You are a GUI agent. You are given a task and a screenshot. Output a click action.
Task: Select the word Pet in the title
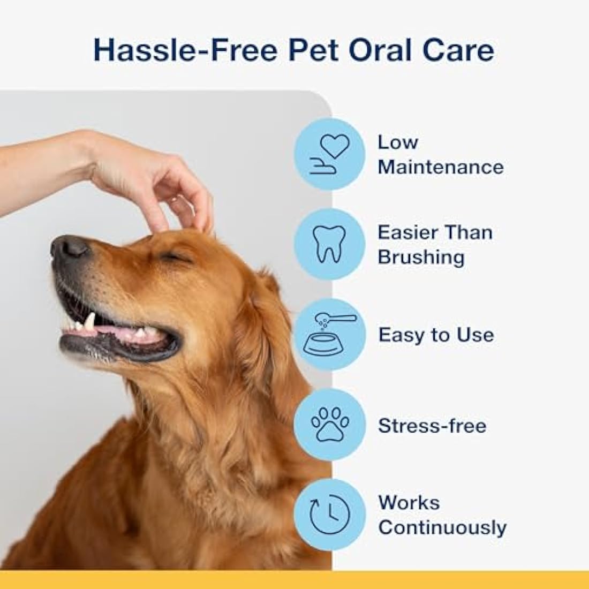[305, 51]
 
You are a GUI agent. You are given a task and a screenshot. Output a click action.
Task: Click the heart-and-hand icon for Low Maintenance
[329, 154]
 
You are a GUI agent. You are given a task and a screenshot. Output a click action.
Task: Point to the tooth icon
[329, 244]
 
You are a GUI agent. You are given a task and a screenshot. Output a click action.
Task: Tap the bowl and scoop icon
[329, 334]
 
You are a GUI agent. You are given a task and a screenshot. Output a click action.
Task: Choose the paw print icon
[329, 425]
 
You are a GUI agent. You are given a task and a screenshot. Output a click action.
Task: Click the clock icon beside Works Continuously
[329, 515]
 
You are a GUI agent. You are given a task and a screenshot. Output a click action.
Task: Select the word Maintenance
[440, 167]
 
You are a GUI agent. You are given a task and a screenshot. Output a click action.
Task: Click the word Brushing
[420, 257]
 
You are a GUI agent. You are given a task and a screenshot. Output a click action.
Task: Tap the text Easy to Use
[436, 335]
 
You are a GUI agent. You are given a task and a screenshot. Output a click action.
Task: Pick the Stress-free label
[432, 426]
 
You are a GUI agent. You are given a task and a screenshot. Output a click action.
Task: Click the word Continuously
[442, 527]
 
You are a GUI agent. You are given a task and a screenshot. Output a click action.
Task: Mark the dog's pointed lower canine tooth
[89, 321]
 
